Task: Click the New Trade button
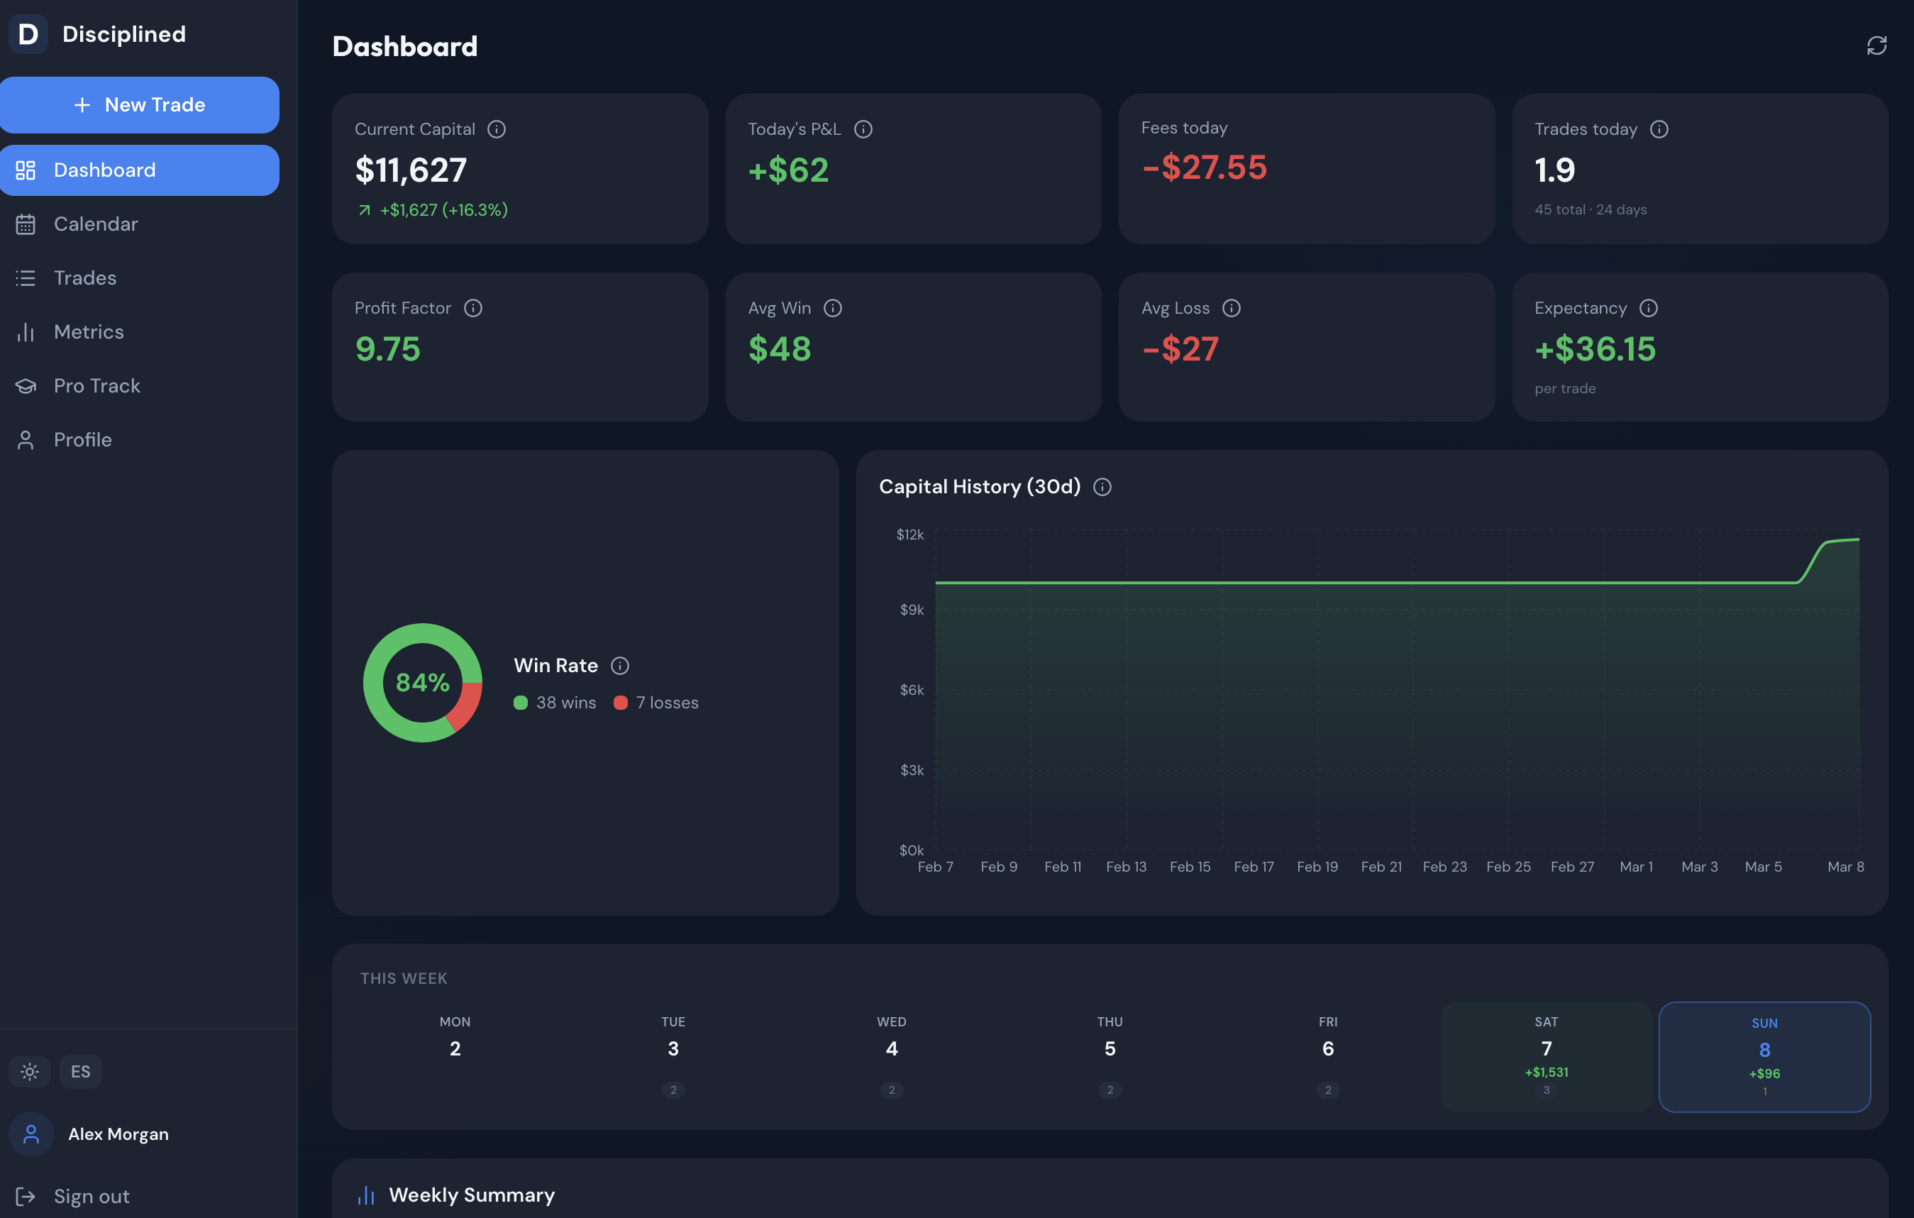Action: click(x=140, y=105)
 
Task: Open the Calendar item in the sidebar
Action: click(x=95, y=224)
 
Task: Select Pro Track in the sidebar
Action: click(x=96, y=385)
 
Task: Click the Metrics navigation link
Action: click(x=88, y=331)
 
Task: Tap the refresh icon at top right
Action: click(x=1876, y=46)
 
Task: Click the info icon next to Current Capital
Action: click(x=497, y=130)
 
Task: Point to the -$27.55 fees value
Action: click(x=1203, y=168)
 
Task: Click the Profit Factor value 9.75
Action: click(x=388, y=349)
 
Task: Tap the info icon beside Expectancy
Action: click(x=1649, y=309)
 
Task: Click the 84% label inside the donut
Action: click(x=423, y=682)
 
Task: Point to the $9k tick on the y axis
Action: click(x=912, y=610)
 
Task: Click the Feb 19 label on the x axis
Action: click(x=1317, y=867)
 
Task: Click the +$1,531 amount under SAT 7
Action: click(x=1546, y=1072)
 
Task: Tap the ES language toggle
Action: click(x=80, y=1072)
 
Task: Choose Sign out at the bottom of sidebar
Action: click(x=91, y=1196)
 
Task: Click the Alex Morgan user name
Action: click(x=118, y=1134)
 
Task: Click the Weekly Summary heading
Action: click(x=471, y=1195)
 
